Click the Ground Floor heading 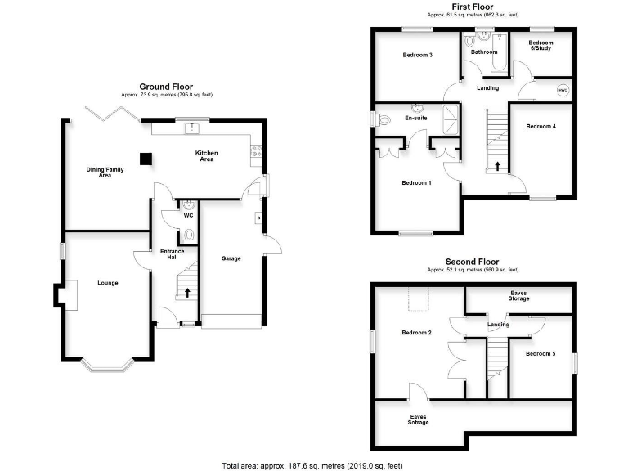point(167,87)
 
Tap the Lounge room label point(108,283)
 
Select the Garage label point(231,258)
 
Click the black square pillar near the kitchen point(146,158)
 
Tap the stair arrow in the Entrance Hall point(187,292)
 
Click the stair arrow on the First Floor point(499,167)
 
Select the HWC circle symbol point(563,90)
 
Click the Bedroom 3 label point(417,55)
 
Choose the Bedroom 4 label point(541,127)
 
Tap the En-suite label point(416,119)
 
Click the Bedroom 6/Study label point(541,46)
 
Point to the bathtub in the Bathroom point(486,62)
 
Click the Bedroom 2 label point(417,333)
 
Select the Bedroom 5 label point(541,353)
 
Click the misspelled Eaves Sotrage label point(419,419)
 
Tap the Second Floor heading point(472,262)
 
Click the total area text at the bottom point(312,465)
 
